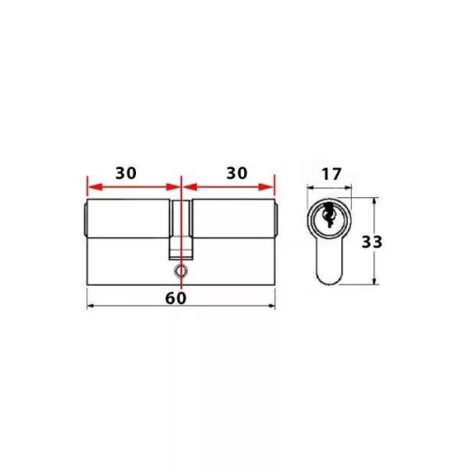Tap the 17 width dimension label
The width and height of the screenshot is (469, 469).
[330, 173]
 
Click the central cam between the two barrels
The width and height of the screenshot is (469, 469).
[179, 230]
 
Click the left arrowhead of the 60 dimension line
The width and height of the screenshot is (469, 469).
[89, 307]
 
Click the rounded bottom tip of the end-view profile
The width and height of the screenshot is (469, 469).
[329, 282]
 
